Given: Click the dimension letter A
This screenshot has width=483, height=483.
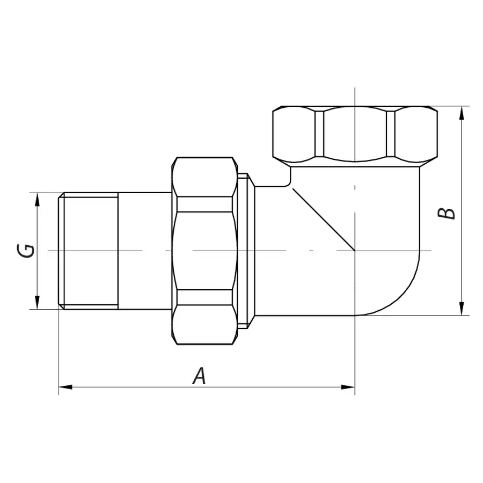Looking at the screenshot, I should [200, 375].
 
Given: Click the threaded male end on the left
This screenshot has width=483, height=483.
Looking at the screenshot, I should [89, 251].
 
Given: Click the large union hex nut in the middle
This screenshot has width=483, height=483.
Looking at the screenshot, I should [204, 251].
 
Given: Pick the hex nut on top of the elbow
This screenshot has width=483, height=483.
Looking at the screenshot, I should [355, 135].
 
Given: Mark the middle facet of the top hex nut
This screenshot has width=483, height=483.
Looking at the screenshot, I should [355, 135].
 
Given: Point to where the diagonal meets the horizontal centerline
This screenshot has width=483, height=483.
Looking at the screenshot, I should [355, 251].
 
